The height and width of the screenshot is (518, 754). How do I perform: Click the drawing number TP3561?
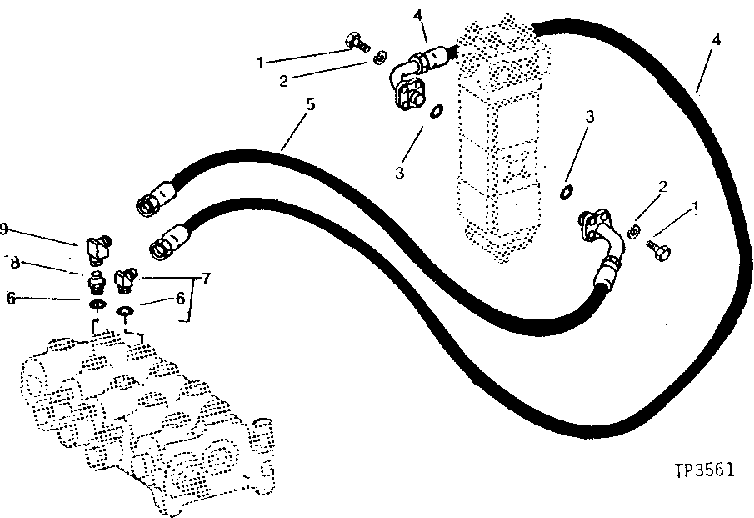[704, 470]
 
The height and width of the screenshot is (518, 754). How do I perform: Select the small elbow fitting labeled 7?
[126, 279]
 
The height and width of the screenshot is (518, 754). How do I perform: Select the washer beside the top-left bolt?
[379, 57]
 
